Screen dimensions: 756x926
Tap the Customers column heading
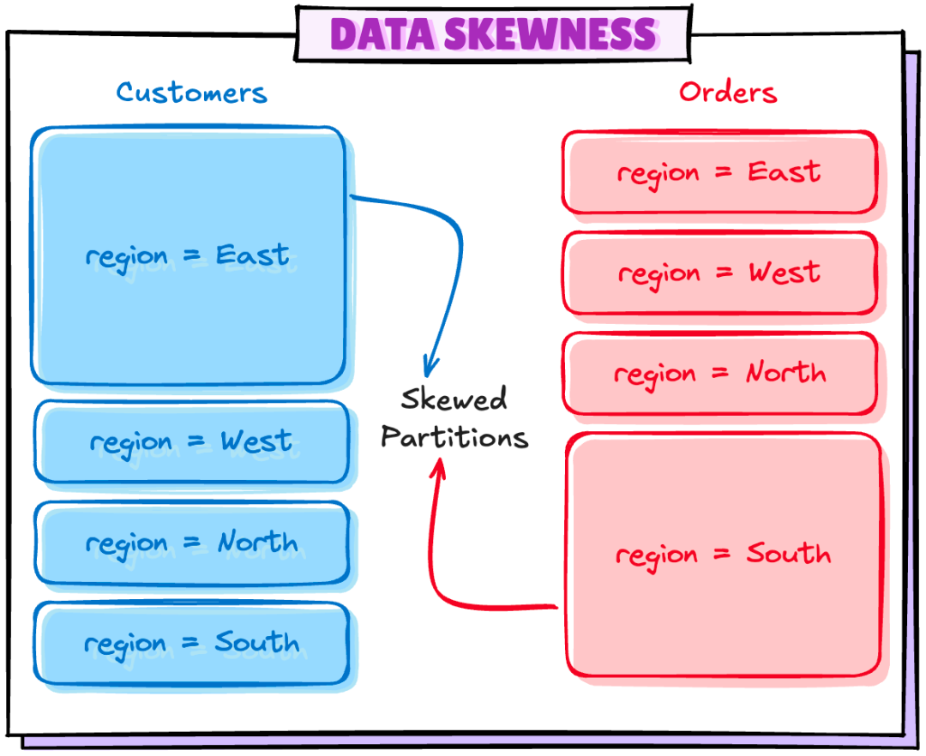(x=192, y=92)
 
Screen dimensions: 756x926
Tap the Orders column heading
(x=728, y=92)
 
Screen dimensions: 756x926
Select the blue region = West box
(x=191, y=442)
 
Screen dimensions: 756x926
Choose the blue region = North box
(x=191, y=543)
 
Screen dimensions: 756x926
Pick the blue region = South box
(x=191, y=643)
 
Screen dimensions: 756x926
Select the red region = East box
(x=719, y=172)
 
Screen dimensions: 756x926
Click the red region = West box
(x=719, y=273)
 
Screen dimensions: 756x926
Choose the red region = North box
(x=719, y=374)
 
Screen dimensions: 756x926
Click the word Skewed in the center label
(x=454, y=399)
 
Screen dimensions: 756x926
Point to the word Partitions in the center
(x=454, y=437)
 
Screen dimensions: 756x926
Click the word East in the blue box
(x=253, y=255)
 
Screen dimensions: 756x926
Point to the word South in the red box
(x=788, y=553)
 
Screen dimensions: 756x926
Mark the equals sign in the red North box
(x=724, y=374)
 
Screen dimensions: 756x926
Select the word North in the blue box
(x=257, y=542)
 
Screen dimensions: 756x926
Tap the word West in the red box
(x=784, y=273)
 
